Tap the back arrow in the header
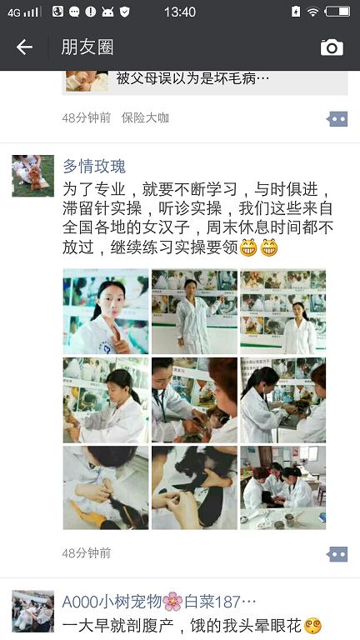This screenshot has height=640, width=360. pyautogui.click(x=24, y=47)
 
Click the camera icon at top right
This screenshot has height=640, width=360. pyautogui.click(x=332, y=47)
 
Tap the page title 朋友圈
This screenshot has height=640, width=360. pyautogui.click(x=87, y=47)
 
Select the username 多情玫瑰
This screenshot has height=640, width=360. pyautogui.click(x=94, y=166)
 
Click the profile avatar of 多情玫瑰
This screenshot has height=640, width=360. pyautogui.click(x=33, y=176)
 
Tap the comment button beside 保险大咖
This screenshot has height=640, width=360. pyautogui.click(x=337, y=119)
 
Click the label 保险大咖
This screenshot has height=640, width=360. pyautogui.click(x=145, y=118)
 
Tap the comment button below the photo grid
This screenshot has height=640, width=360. pyautogui.click(x=337, y=554)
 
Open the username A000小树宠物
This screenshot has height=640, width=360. pyautogui.click(x=112, y=602)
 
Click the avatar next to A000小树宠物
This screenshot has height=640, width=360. pyautogui.click(x=33, y=611)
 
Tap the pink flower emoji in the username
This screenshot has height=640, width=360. pyautogui.click(x=172, y=602)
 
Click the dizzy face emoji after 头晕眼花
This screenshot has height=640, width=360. pyautogui.click(x=313, y=626)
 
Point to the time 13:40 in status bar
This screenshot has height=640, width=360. pyautogui.click(x=180, y=12)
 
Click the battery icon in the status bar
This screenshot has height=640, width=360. pyautogui.click(x=337, y=12)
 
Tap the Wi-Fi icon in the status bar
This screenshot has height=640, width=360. pyautogui.click(x=312, y=12)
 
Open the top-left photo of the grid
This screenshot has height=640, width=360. pyautogui.click(x=106, y=312)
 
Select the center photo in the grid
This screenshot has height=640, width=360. pyautogui.click(x=194, y=400)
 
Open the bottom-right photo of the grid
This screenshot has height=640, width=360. pyautogui.click(x=282, y=487)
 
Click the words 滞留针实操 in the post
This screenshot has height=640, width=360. pyautogui.click(x=102, y=208)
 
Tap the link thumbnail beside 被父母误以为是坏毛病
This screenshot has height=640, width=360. pyautogui.click(x=87, y=81)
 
